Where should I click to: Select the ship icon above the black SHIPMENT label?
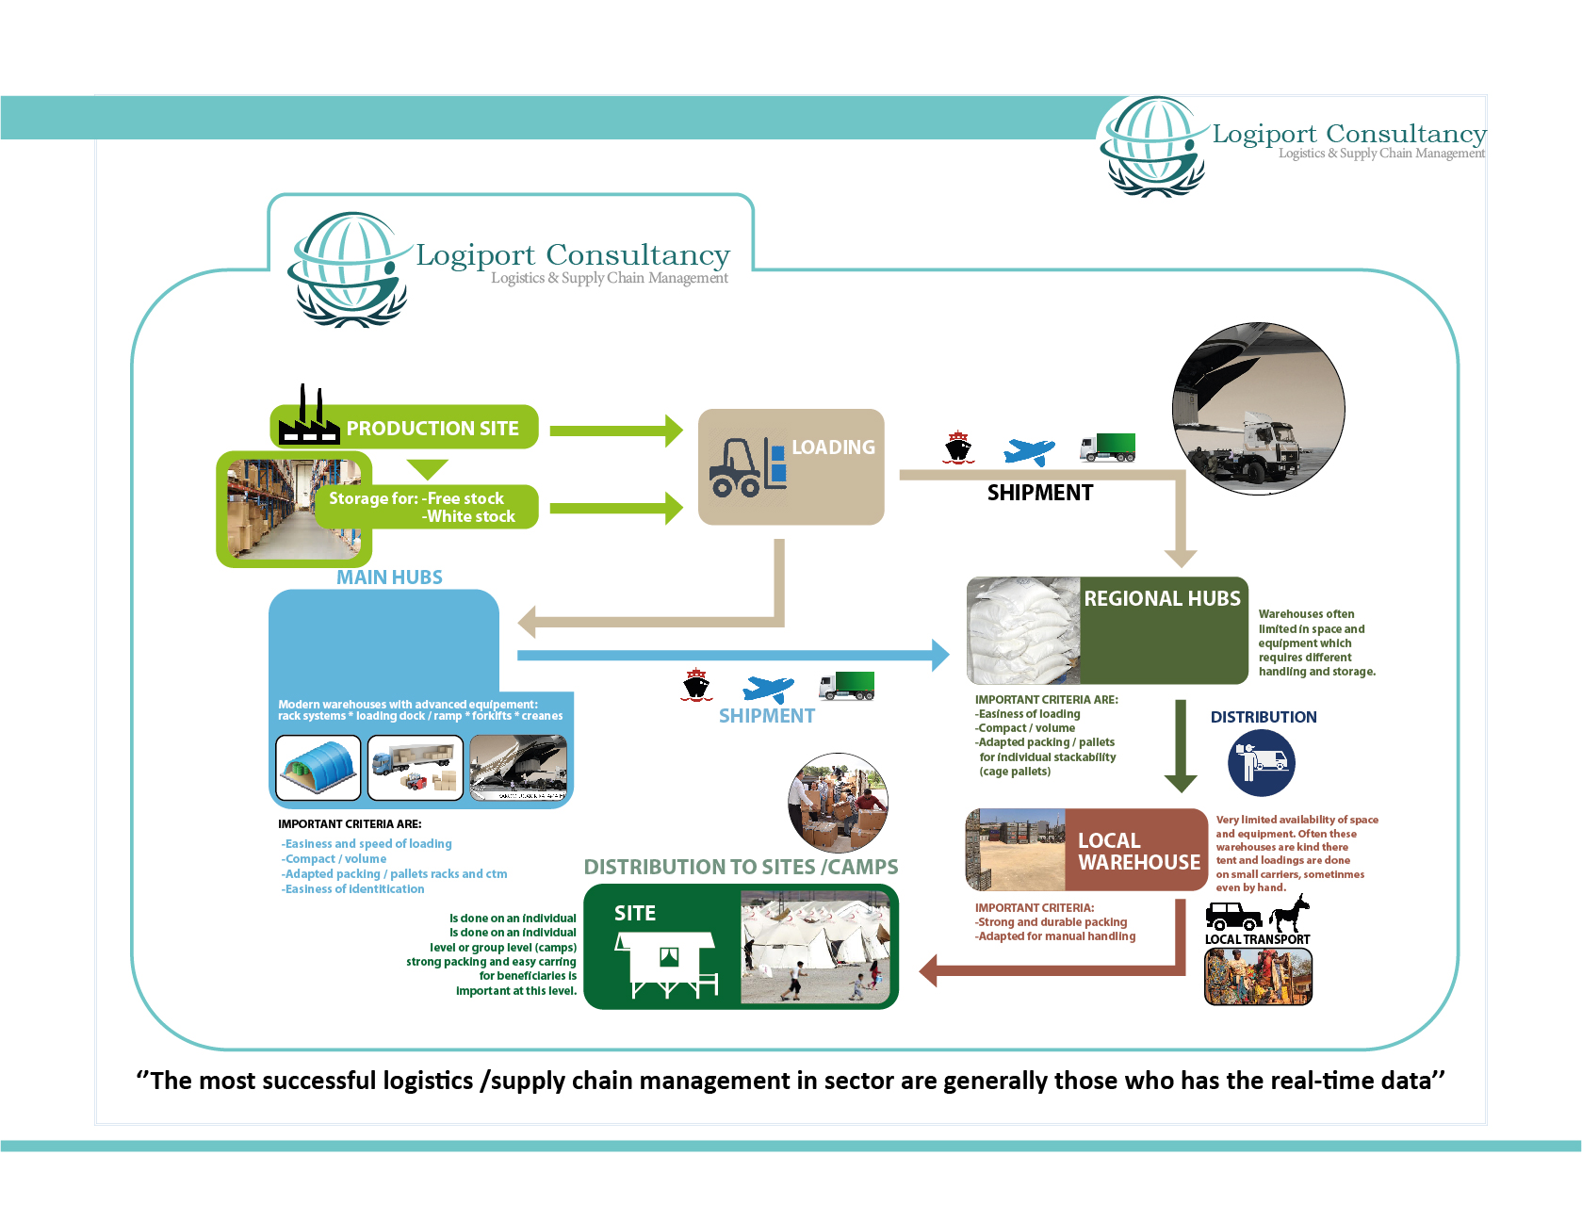pyautogui.click(x=958, y=447)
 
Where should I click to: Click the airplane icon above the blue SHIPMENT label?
pyautogui.click(x=768, y=689)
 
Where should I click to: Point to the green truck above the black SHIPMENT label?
pyautogui.click(x=1108, y=447)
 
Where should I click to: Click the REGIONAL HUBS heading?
pyautogui.click(x=1162, y=598)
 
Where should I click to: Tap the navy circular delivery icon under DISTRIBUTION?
pyautogui.click(x=1262, y=762)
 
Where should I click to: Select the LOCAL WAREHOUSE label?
pyautogui.click(x=1138, y=852)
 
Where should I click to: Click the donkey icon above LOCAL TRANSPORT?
pyautogui.click(x=1290, y=914)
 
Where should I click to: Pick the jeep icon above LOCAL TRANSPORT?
pyautogui.click(x=1233, y=916)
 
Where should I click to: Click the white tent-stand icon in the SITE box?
pyautogui.click(x=666, y=964)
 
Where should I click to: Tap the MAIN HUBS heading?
pyautogui.click(x=389, y=577)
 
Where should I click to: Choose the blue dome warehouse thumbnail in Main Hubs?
pyautogui.click(x=318, y=768)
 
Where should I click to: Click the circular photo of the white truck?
pyautogui.click(x=1258, y=408)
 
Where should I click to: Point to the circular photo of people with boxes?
pyautogui.click(x=838, y=803)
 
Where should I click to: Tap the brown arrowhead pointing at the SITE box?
pyautogui.click(x=929, y=969)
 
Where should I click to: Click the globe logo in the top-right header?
pyautogui.click(x=1152, y=146)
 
